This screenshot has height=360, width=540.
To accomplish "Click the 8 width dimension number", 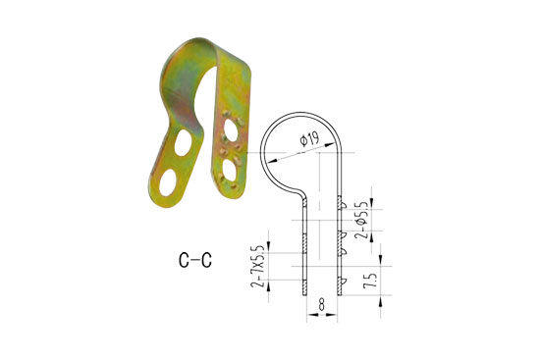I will [321, 305].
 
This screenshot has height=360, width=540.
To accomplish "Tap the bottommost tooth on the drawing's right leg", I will [343, 289].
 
